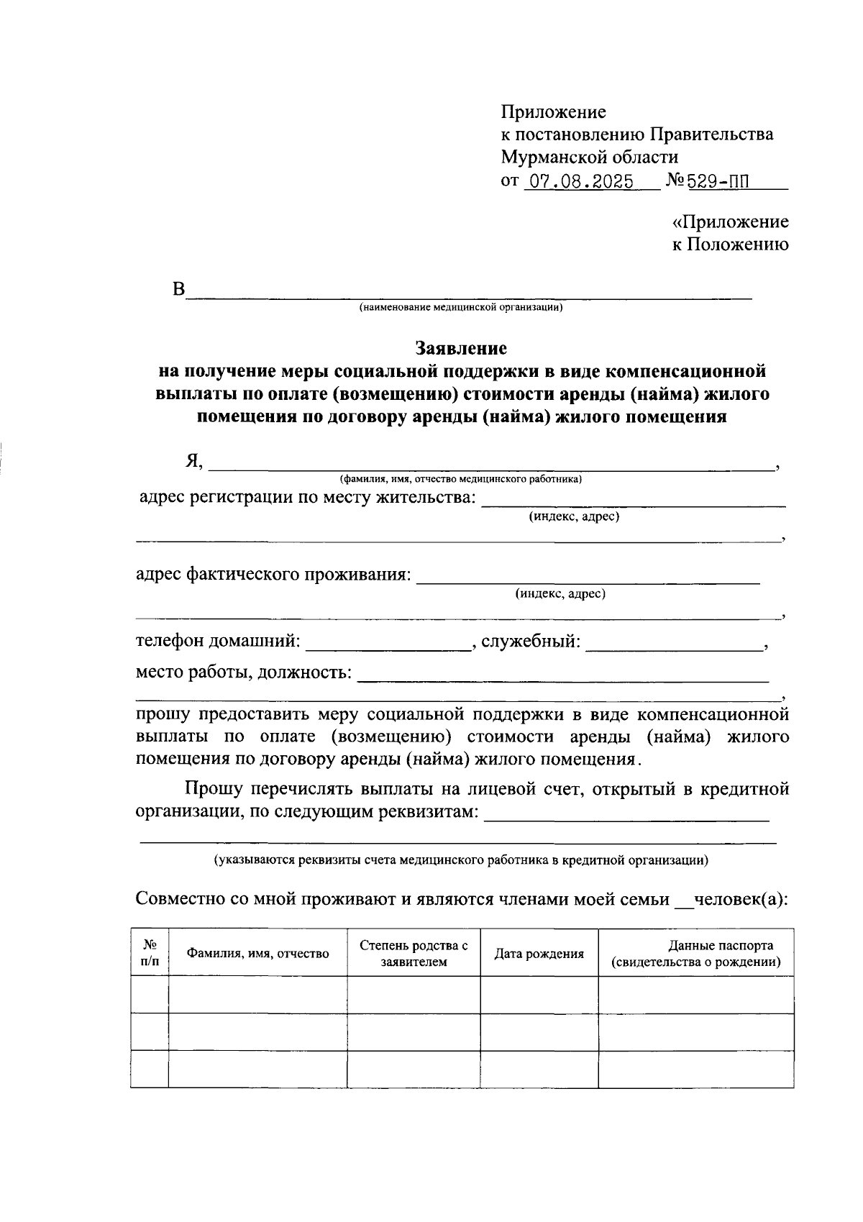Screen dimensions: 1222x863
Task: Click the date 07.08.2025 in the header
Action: pos(580,181)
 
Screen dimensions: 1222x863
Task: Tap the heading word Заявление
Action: pos(461,349)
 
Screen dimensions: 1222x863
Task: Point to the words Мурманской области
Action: pos(589,157)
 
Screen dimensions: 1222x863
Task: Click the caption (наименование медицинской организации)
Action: pos(461,308)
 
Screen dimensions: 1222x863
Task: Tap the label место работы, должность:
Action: pos(244,672)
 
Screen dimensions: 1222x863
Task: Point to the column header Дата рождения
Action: pos(539,954)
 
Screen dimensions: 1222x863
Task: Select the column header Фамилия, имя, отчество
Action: pos(257,954)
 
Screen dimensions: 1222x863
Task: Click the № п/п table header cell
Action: pos(150,953)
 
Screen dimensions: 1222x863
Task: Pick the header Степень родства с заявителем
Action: pos(414,954)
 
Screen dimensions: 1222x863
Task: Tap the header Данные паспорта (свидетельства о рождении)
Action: pos(695,954)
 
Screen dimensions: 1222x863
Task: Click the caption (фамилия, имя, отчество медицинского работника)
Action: pos(461,479)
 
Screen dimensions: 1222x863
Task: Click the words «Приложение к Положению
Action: pos(730,233)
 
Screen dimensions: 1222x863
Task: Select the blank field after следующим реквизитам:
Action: pos(626,813)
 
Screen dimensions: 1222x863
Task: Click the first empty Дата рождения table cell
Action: pos(539,995)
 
